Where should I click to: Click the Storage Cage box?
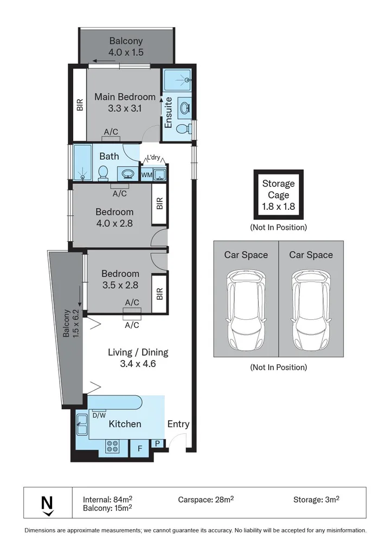click(279, 194)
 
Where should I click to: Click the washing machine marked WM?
click(146, 175)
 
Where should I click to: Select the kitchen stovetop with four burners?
click(113, 446)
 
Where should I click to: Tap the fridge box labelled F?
click(139, 449)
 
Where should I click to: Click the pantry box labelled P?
click(157, 443)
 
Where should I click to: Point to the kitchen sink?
click(82, 427)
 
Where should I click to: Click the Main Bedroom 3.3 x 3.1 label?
click(125, 102)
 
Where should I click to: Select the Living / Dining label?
click(138, 358)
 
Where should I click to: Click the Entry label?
click(178, 424)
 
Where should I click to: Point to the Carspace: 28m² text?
click(206, 499)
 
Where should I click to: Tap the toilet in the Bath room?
click(102, 173)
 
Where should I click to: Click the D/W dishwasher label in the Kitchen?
click(99, 416)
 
